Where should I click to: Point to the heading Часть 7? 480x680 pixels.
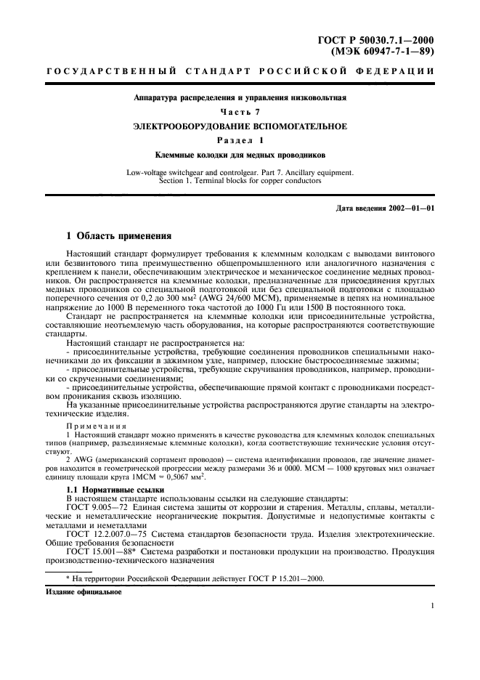[x=240, y=111]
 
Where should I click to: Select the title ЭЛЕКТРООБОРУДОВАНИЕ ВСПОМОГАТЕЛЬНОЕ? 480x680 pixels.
[x=240, y=126]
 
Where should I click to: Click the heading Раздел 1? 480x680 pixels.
[x=240, y=141]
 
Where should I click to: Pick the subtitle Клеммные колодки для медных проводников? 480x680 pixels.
[x=240, y=155]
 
